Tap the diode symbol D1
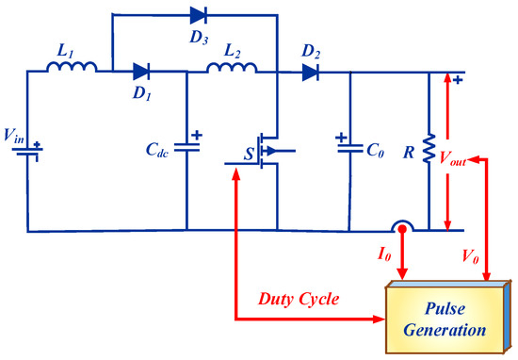[141, 70]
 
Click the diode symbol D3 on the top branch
[198, 14]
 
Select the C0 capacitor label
[375, 150]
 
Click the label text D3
[198, 38]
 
